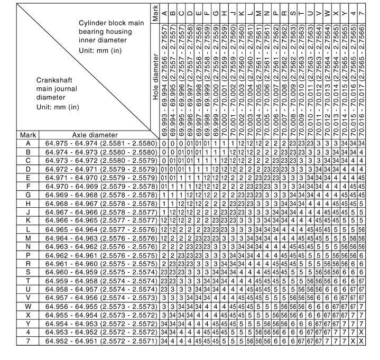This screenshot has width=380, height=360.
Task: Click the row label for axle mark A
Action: point(28,143)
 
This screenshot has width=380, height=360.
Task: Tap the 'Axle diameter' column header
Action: point(98,135)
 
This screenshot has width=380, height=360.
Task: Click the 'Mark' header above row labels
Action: point(28,135)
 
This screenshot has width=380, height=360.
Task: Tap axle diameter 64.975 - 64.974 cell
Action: point(98,143)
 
